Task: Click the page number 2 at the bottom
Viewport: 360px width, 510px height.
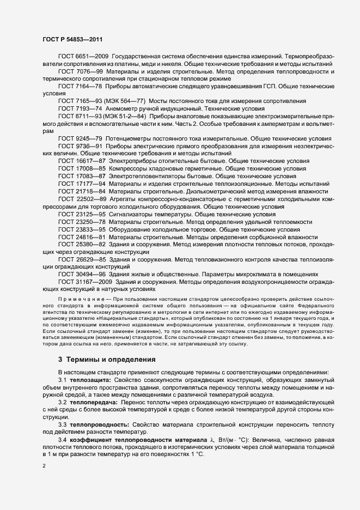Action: [44, 467]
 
